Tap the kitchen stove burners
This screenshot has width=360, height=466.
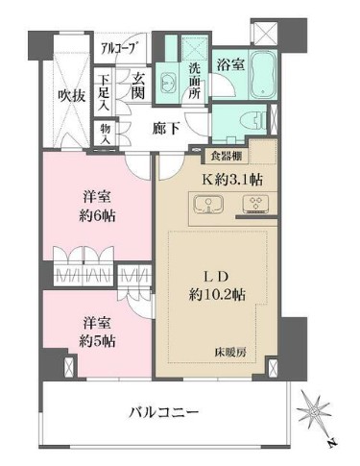[x=257, y=205]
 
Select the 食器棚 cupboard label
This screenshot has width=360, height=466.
[x=228, y=157]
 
